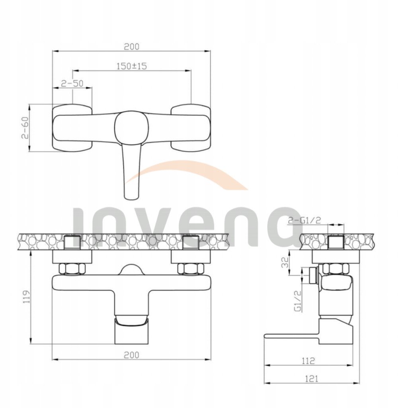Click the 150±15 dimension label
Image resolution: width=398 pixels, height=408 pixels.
pyautogui.click(x=132, y=66)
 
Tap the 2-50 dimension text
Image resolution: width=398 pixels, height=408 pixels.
pyautogui.click(x=72, y=83)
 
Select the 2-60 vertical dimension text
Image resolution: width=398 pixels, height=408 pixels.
pyautogui.click(x=25, y=127)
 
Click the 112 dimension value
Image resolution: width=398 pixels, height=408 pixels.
pyautogui.click(x=308, y=361)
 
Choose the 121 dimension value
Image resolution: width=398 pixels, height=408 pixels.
pyautogui.click(x=311, y=379)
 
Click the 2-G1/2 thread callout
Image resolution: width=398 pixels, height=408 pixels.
pyautogui.click(x=304, y=220)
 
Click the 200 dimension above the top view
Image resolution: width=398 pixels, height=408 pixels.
pyautogui.click(x=132, y=47)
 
